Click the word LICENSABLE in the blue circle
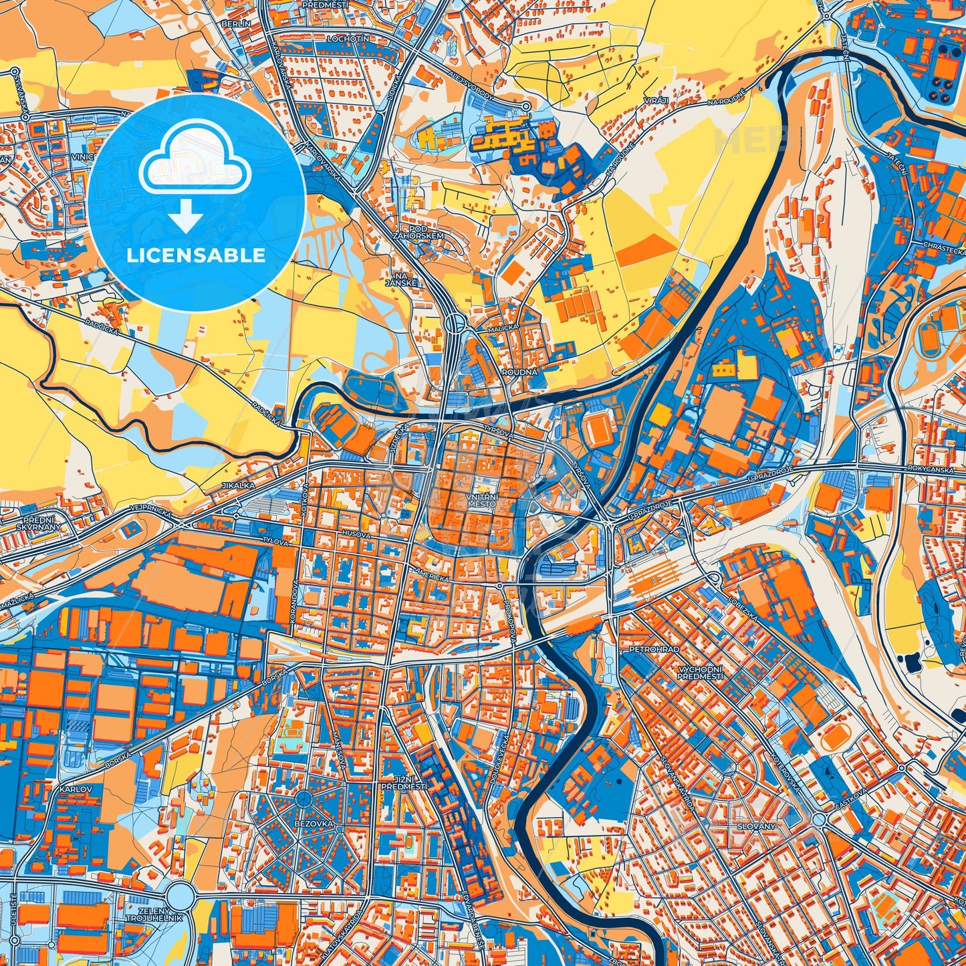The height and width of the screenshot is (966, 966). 197,255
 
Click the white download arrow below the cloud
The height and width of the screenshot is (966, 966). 187,215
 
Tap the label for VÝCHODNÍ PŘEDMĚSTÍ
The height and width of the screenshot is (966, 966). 700,673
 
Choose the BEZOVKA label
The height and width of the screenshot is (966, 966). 314,824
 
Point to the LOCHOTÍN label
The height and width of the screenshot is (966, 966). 348,39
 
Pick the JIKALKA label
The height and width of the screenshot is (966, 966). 239,485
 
